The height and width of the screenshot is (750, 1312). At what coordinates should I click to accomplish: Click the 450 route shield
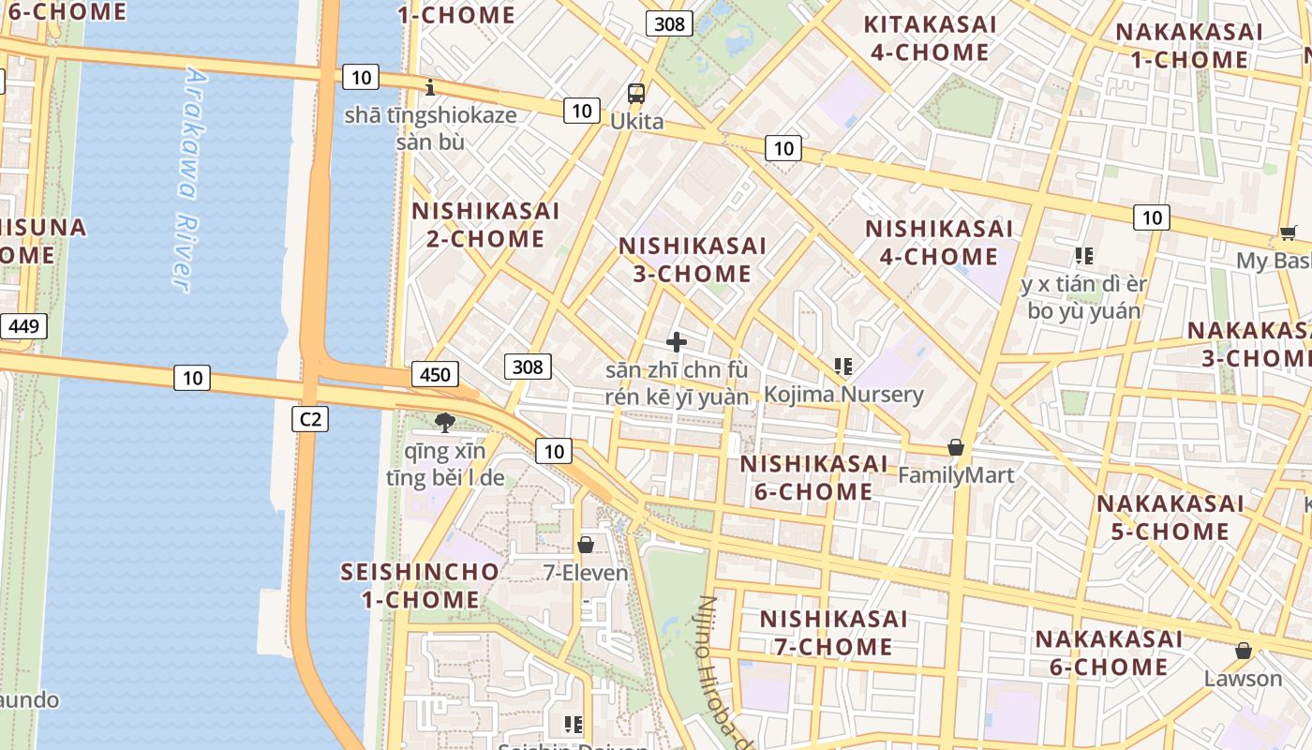435,375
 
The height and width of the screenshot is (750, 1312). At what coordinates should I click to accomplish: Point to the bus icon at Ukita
636,93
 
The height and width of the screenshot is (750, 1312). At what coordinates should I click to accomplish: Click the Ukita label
636,121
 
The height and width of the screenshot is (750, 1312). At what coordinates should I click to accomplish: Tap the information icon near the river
430,88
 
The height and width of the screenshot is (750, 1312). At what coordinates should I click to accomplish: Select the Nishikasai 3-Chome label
693,260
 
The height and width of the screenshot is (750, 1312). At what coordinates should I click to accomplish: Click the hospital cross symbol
676,342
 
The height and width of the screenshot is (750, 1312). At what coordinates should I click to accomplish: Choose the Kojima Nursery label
843,395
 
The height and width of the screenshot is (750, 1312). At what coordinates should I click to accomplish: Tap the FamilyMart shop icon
956,447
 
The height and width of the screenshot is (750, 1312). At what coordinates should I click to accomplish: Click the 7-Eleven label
586,571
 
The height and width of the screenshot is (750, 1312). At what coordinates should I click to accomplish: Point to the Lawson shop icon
1244,650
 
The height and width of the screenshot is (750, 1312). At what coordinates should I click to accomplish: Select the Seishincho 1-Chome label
421,585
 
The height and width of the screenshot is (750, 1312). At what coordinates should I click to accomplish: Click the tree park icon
445,422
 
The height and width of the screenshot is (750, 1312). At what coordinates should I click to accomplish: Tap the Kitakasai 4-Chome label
930,37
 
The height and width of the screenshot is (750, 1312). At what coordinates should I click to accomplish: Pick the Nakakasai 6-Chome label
1109,652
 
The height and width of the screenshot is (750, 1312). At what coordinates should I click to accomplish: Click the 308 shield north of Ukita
669,23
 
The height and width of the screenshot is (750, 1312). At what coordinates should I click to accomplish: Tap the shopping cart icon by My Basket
1289,232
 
